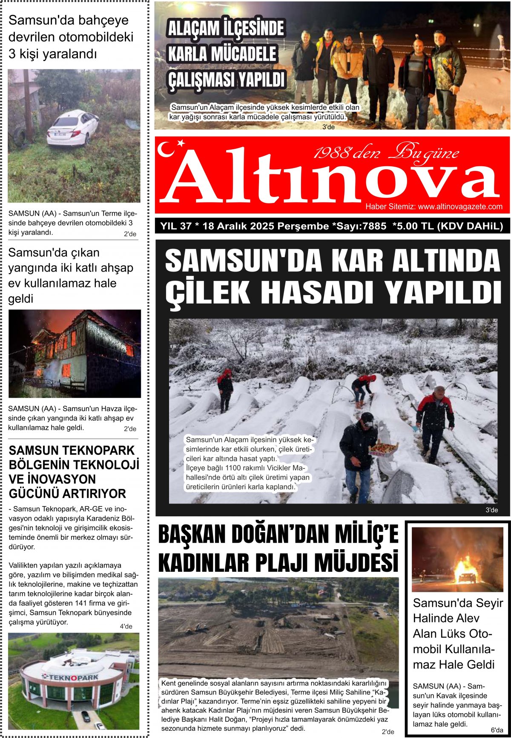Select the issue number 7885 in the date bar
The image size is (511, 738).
click(374, 226)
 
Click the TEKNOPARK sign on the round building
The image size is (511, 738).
click(70, 677)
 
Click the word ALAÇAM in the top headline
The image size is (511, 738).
click(195, 29)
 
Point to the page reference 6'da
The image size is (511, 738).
click(496, 730)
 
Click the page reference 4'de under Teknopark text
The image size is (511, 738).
click(126, 626)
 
